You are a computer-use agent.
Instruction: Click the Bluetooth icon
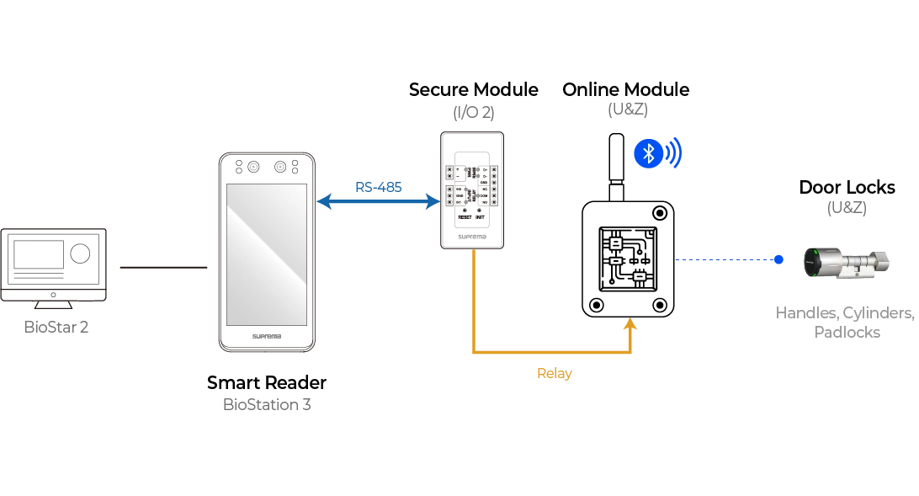[648, 152]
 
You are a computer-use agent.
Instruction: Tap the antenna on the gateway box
[615, 164]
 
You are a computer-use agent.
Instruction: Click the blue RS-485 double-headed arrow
[378, 201]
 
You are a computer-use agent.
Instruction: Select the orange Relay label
[552, 374]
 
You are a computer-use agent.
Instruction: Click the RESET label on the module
[465, 217]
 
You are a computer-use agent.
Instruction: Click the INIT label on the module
[480, 217]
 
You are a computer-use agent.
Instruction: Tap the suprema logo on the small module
[471, 237]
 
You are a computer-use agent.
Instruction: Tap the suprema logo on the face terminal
[267, 336]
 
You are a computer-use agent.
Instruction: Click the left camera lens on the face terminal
[252, 167]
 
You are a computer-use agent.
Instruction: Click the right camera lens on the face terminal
[280, 167]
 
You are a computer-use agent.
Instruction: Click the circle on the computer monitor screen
[80, 253]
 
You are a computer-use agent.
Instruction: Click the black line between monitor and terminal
[161, 266]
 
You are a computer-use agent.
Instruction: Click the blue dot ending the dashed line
[779, 260]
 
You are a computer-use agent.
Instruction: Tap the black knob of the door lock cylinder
[813, 262]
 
